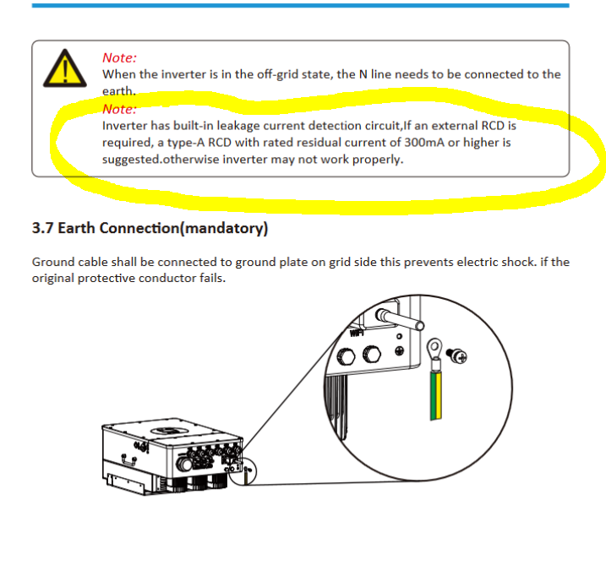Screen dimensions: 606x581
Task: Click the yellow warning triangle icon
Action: tap(65, 68)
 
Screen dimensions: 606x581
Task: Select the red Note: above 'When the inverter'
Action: tap(119, 58)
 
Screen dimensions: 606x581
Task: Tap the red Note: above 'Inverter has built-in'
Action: tap(119, 109)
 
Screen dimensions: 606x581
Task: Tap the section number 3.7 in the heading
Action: tap(42, 228)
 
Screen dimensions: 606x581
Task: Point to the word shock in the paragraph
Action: tap(518, 262)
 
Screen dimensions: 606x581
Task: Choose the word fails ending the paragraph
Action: tap(212, 279)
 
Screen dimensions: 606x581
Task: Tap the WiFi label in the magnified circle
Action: tap(358, 332)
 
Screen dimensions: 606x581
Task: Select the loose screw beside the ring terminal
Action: tap(456, 356)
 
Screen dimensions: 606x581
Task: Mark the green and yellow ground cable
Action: tap(436, 394)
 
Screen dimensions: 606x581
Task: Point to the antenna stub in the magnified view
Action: tap(401, 319)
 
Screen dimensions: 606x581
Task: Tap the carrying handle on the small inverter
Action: tap(128, 459)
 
